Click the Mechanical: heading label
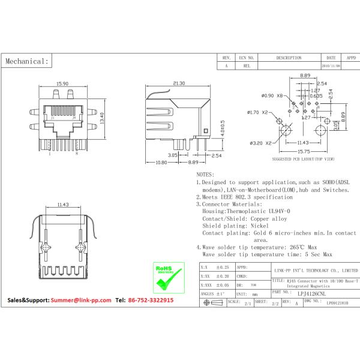(x=26, y=61)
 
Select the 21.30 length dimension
(x=178, y=83)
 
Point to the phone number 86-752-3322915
(x=149, y=299)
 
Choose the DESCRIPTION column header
(x=289, y=58)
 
